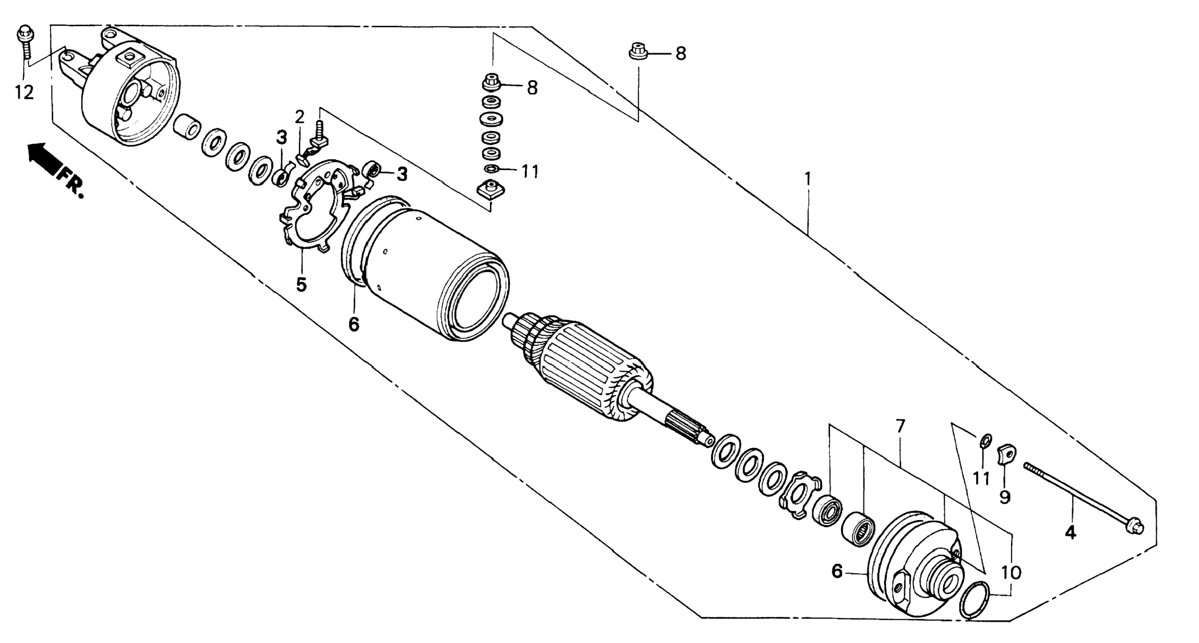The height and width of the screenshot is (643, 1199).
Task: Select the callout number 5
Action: point(301,284)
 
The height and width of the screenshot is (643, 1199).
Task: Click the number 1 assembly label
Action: point(808,178)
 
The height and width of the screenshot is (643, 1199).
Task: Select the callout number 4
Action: point(1071,532)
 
